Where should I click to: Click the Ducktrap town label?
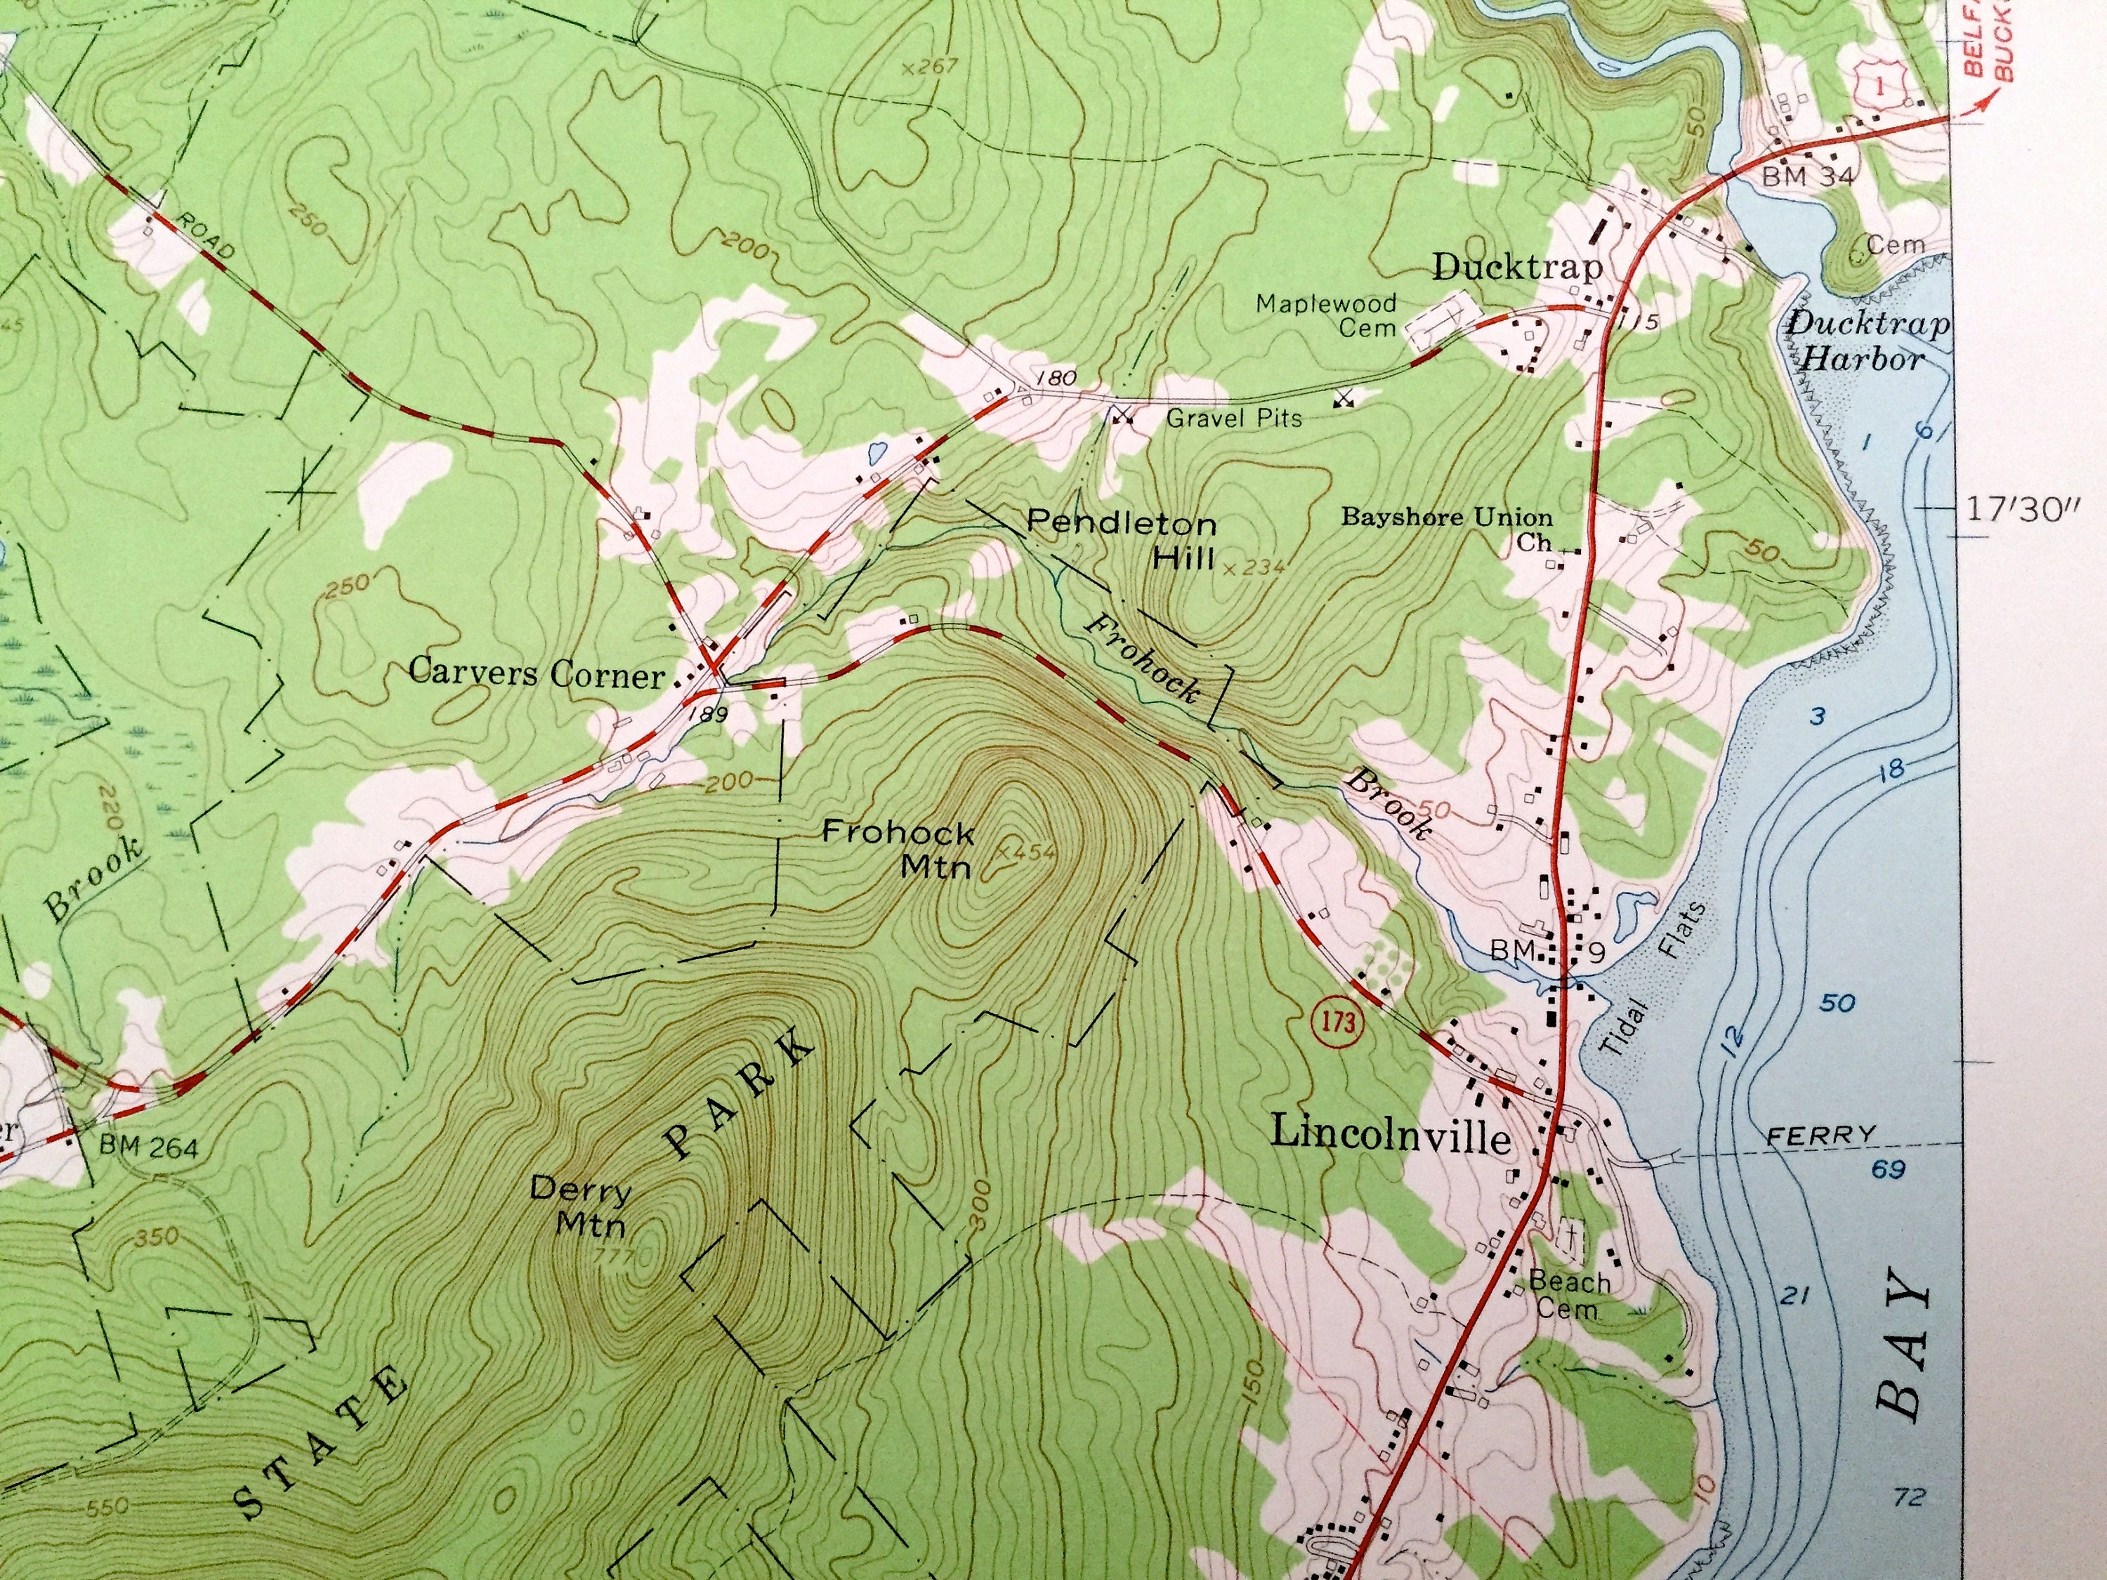point(1516,268)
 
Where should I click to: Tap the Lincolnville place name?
point(1391,1135)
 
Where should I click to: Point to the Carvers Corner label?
point(537,673)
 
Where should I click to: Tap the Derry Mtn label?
point(580,1205)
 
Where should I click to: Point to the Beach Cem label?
point(1569,1295)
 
